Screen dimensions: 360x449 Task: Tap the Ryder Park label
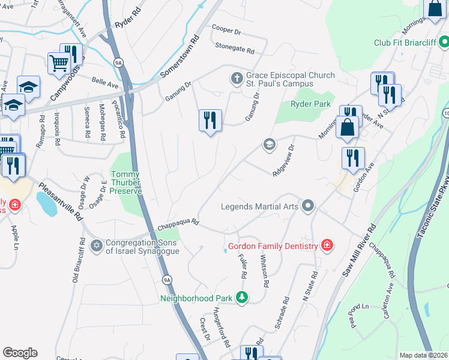[310, 104]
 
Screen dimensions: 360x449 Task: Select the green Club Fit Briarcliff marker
[444, 43]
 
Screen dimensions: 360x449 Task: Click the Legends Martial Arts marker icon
[308, 206]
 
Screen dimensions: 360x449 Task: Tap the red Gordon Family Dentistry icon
[327, 245]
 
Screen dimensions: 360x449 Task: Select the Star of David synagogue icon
[96, 246]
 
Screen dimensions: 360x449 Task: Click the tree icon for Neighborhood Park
[241, 297]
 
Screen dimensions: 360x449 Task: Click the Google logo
[20, 353]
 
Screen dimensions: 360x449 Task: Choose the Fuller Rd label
[243, 266]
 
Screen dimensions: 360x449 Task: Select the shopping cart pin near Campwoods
[59, 62]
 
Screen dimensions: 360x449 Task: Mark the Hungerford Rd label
[221, 328]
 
